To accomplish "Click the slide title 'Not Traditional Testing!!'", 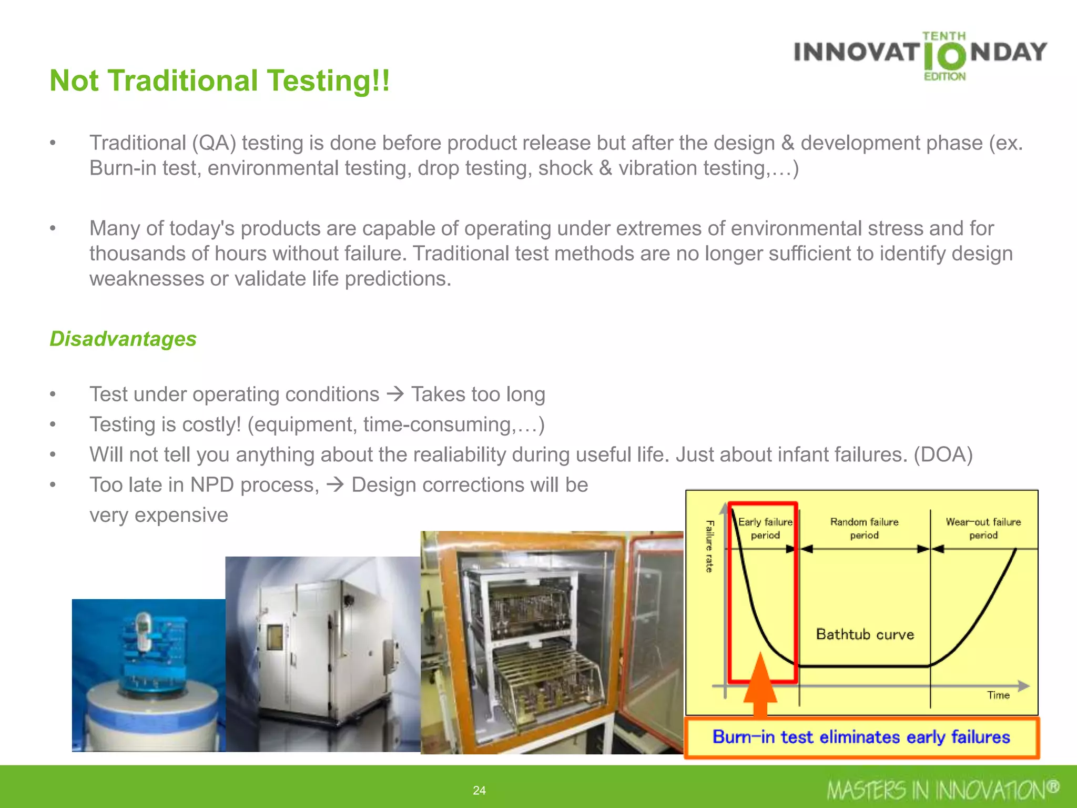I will point(220,81).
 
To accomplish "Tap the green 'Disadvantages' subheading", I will point(123,339).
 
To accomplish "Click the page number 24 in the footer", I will point(479,790).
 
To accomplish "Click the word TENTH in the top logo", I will point(944,36).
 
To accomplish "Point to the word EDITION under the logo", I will point(945,77).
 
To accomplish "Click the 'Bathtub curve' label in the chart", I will point(865,634).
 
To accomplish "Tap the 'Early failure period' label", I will point(765,528).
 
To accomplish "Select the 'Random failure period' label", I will point(864,528).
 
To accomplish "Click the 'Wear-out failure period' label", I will point(983,528).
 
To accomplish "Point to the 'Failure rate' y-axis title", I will point(709,546).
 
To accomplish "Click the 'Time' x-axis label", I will point(998,695).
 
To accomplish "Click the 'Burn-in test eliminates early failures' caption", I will point(861,737).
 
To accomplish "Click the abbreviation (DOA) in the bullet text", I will point(943,454).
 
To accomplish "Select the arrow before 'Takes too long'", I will point(395,393).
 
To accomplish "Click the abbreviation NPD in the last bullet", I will point(212,484).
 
